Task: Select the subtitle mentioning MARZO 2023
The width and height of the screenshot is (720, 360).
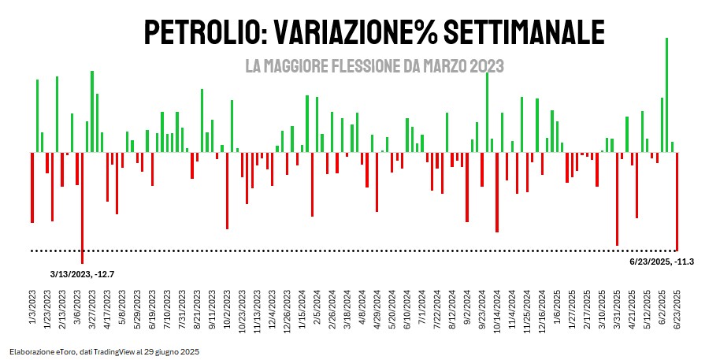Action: [374, 66]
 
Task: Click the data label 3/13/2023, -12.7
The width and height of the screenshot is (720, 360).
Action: [83, 274]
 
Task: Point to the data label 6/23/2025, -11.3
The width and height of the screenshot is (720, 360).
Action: [662, 261]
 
